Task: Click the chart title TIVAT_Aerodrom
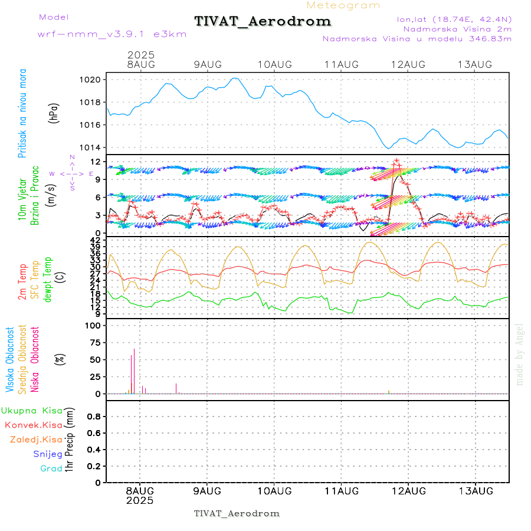pyautogui.click(x=263, y=21)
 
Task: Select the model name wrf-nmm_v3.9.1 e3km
pyautogui.click(x=112, y=34)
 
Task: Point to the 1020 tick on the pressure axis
pyautogui.click(x=94, y=80)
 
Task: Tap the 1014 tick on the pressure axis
pyautogui.click(x=94, y=147)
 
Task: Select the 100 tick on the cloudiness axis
pyautogui.click(x=94, y=325)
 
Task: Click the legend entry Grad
pyautogui.click(x=51, y=468)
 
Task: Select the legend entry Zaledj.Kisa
pyautogui.click(x=36, y=439)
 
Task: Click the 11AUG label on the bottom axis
pyautogui.click(x=342, y=491)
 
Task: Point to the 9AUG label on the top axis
pyautogui.click(x=207, y=64)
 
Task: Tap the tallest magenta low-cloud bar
pyautogui.click(x=134, y=371)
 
